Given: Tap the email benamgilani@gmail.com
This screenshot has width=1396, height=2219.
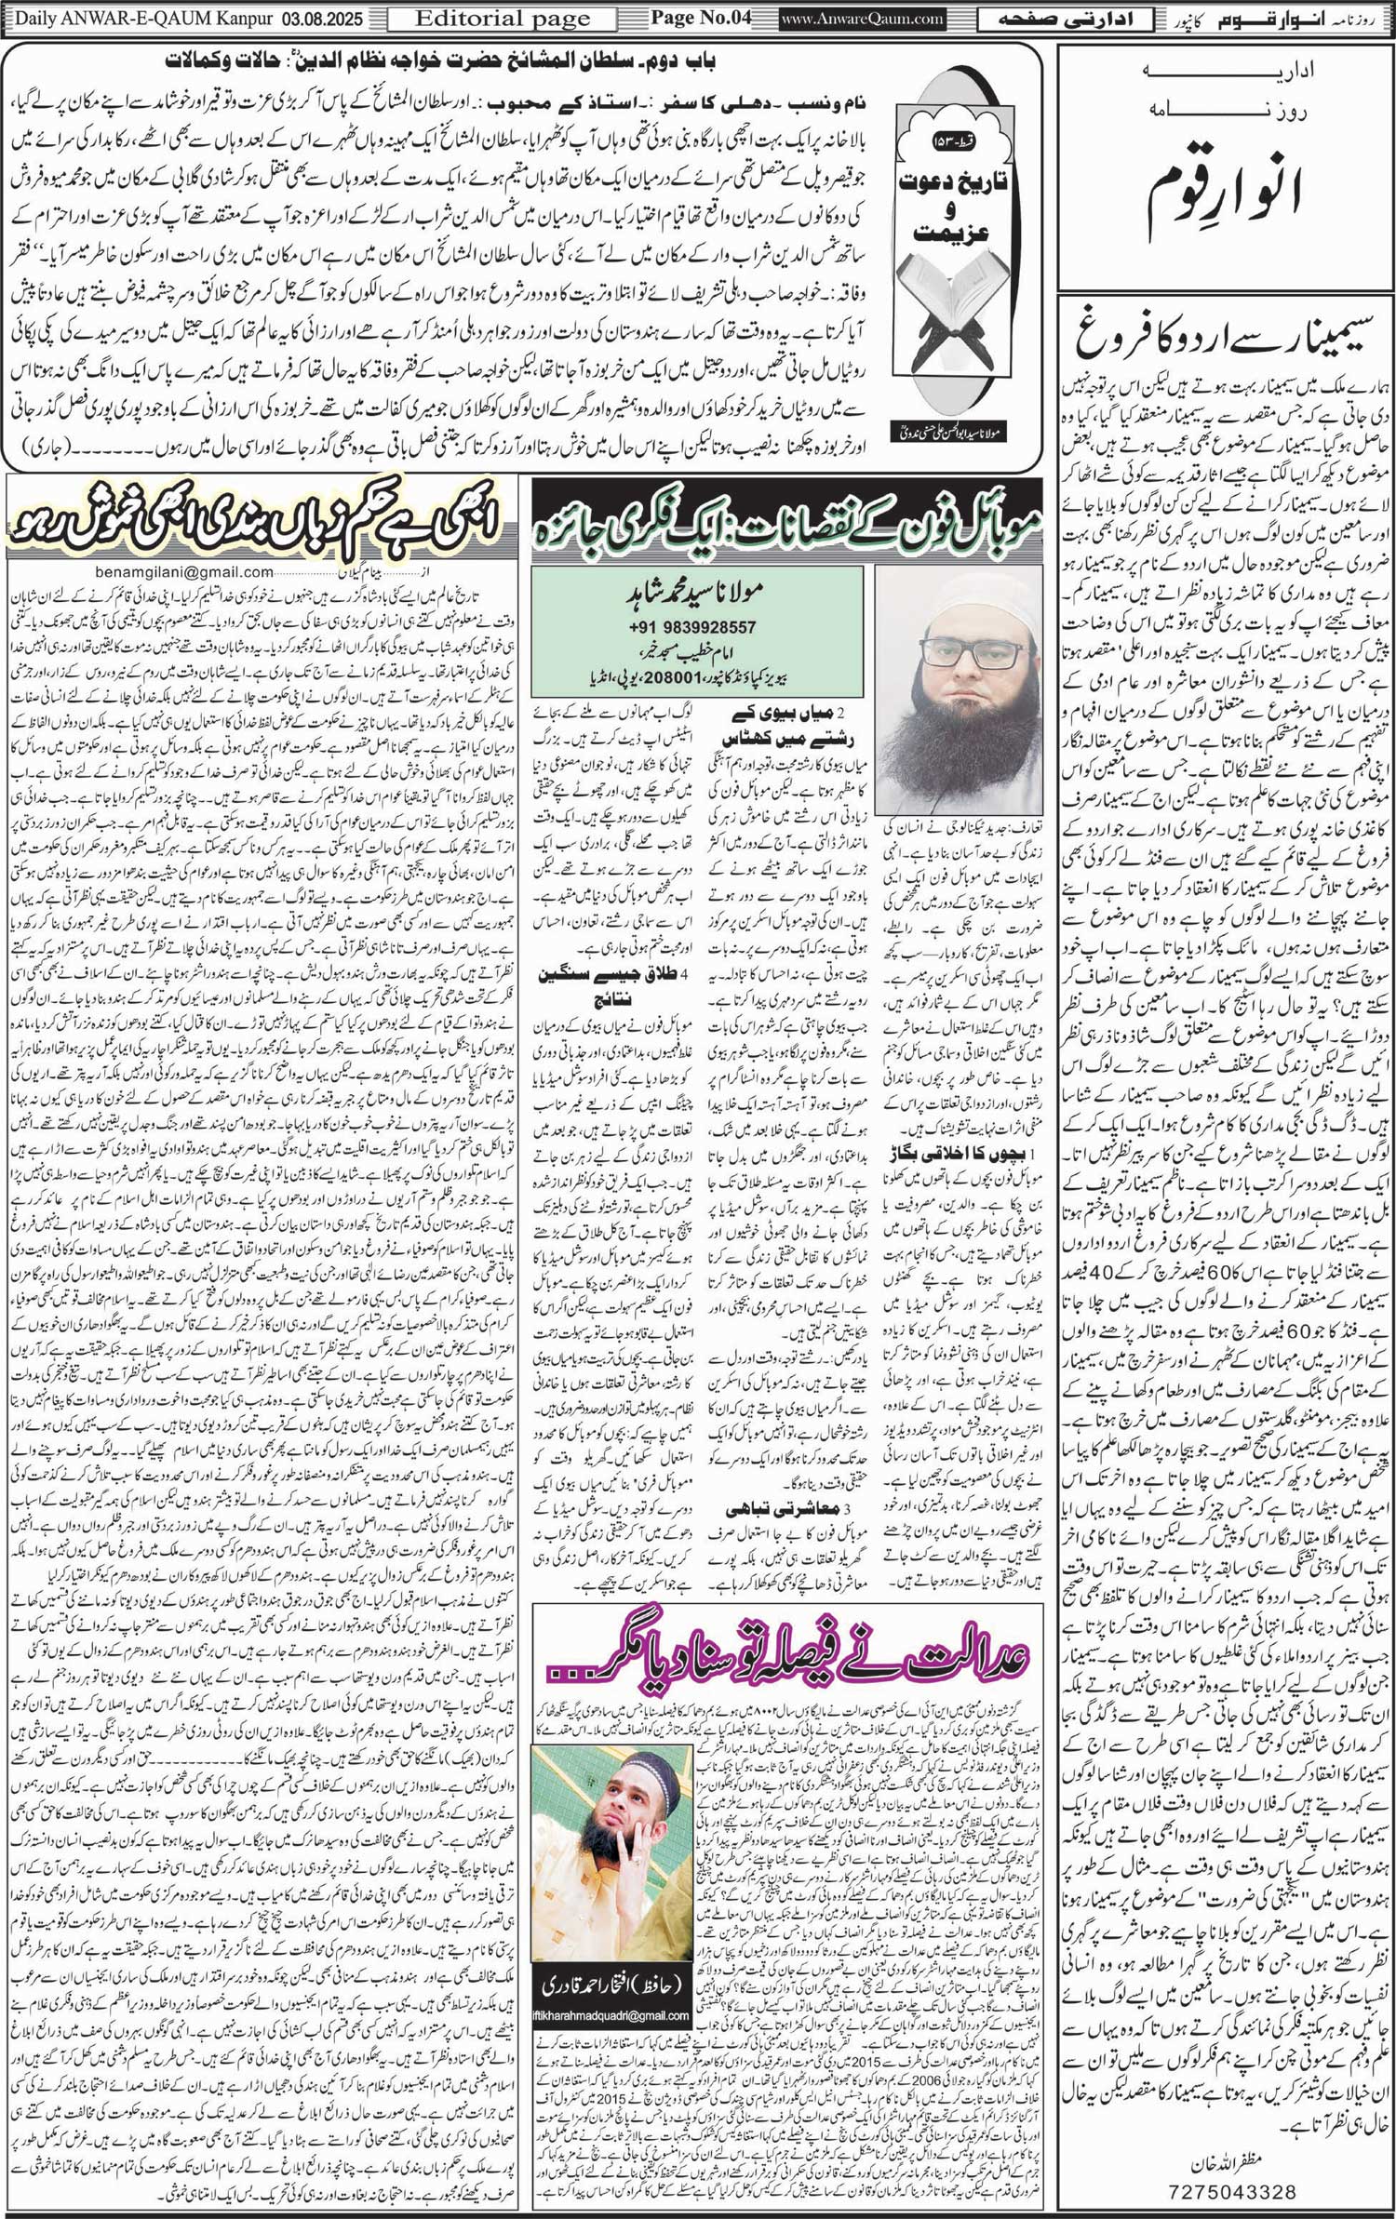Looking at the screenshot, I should pos(186,572).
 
